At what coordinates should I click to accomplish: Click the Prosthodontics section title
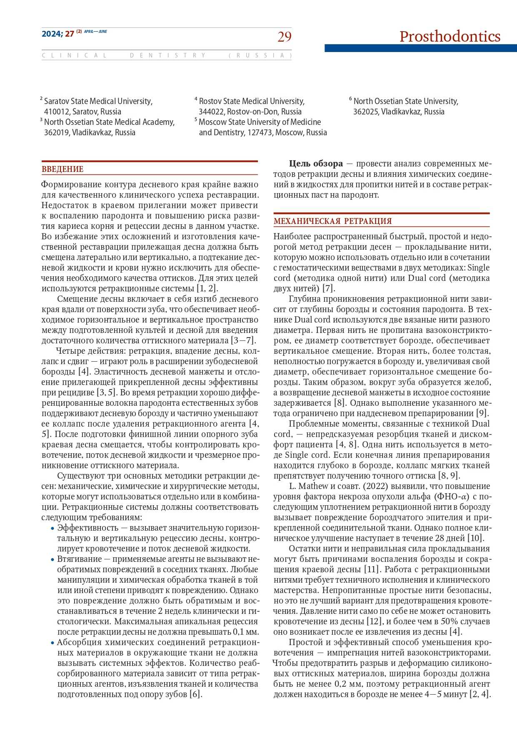pos(450,37)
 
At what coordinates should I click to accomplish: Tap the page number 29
pos(285,37)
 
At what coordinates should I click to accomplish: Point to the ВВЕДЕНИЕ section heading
pos(62,169)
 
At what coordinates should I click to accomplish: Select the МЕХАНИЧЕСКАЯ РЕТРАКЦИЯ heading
pos(332,221)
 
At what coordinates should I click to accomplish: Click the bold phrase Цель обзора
pos(316,164)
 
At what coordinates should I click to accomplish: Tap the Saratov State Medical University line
pos(98,101)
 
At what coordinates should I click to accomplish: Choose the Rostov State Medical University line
pos(251,101)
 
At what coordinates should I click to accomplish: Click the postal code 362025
pos(366,112)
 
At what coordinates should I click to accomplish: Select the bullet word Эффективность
pos(88,528)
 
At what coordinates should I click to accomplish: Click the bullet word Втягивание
pos(80,559)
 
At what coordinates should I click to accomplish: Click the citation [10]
pos(475,538)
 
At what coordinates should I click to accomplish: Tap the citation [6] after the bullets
pos(195,694)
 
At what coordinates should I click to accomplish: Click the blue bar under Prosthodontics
pos(420,48)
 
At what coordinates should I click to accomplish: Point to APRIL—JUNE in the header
pos(95,32)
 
